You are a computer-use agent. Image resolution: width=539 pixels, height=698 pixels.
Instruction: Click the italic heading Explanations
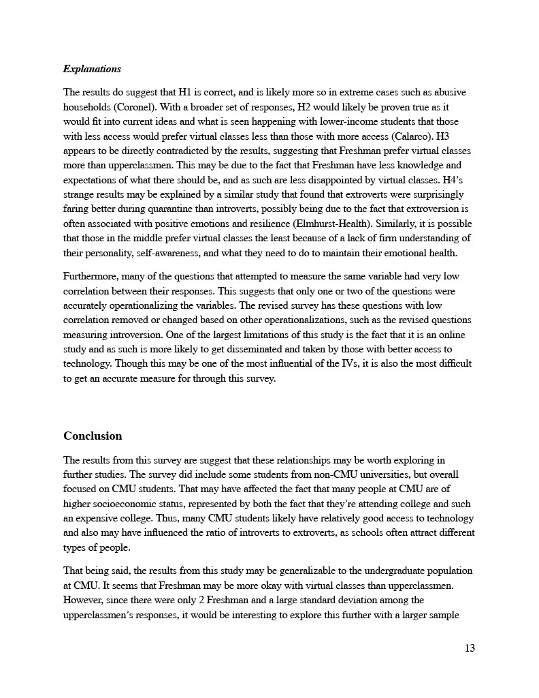[92, 69]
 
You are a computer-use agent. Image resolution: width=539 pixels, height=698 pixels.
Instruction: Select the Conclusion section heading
[93, 436]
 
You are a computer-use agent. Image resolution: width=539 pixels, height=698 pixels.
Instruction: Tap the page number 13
[470, 648]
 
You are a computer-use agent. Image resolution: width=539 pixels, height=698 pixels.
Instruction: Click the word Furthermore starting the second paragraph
[93, 276]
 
